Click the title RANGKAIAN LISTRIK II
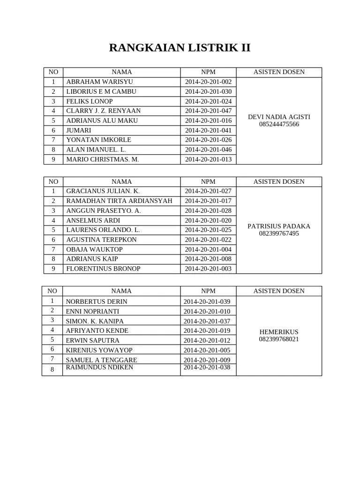pyautogui.click(x=180, y=48)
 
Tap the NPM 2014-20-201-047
pyautogui.click(x=208, y=111)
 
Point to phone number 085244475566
pyautogui.click(x=279, y=124)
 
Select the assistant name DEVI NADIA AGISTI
pyautogui.click(x=279, y=117)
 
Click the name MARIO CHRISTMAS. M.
pyautogui.click(x=103, y=159)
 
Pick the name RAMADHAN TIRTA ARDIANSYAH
pyautogui.click(x=119, y=201)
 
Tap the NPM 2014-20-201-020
pyautogui.click(x=208, y=220)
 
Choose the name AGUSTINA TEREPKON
pyautogui.click(x=102, y=240)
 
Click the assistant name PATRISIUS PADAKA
pyautogui.click(x=279, y=226)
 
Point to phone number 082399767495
pyautogui.click(x=279, y=233)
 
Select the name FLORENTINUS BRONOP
pyautogui.click(x=103, y=269)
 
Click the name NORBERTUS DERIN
pyautogui.click(x=97, y=301)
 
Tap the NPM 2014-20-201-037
pyautogui.click(x=207, y=321)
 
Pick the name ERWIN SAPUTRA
pyautogui.click(x=92, y=340)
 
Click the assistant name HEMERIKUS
pyautogui.click(x=279, y=332)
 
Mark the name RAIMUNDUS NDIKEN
pyautogui.click(x=99, y=367)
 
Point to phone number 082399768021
pyautogui.click(x=279, y=339)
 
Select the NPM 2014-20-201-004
pyautogui.click(x=208, y=249)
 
